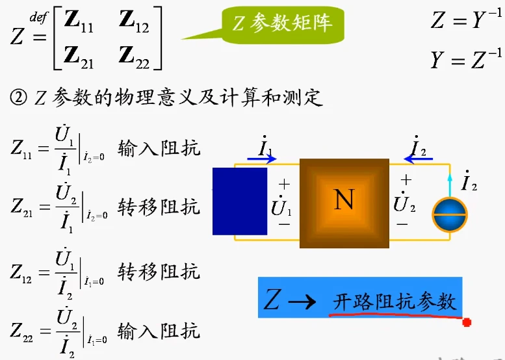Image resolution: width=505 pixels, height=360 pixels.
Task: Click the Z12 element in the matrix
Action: pyautogui.click(x=134, y=21)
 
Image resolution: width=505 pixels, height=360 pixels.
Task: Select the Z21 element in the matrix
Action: pyautogui.click(x=79, y=58)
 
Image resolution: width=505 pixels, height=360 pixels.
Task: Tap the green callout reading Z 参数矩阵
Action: pyautogui.click(x=283, y=24)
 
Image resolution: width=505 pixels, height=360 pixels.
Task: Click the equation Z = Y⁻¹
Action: pyautogui.click(x=466, y=19)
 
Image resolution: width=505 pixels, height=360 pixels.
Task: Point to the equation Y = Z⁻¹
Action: pyautogui.click(x=466, y=58)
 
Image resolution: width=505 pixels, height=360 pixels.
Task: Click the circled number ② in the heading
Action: pyautogui.click(x=19, y=97)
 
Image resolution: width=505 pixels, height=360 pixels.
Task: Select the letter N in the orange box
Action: pyautogui.click(x=344, y=199)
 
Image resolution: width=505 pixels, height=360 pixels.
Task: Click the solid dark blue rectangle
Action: pyautogui.click(x=240, y=201)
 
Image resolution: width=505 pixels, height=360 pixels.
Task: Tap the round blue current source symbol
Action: pyautogui.click(x=450, y=215)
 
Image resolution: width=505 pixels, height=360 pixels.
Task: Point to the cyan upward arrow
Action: pyautogui.click(x=450, y=185)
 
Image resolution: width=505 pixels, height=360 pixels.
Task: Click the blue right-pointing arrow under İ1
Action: pyautogui.click(x=261, y=159)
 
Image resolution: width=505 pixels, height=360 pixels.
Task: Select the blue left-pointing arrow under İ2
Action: pyautogui.click(x=418, y=159)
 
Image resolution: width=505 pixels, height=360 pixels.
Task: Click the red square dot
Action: pyautogui.click(x=467, y=322)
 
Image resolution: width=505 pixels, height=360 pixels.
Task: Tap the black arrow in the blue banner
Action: pyautogui.click(x=302, y=302)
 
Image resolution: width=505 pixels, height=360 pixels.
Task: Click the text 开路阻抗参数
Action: pyautogui.click(x=395, y=302)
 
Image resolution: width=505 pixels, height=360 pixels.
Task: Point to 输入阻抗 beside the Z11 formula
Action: pyautogui.click(x=159, y=149)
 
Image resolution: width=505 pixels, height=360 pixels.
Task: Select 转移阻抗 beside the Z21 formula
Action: pyautogui.click(x=159, y=207)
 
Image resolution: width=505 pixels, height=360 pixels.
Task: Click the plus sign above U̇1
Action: pyautogui.click(x=284, y=185)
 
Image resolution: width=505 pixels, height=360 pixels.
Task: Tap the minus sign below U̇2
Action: pyautogui.click(x=402, y=224)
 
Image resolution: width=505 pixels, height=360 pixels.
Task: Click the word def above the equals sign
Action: pyautogui.click(x=38, y=18)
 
